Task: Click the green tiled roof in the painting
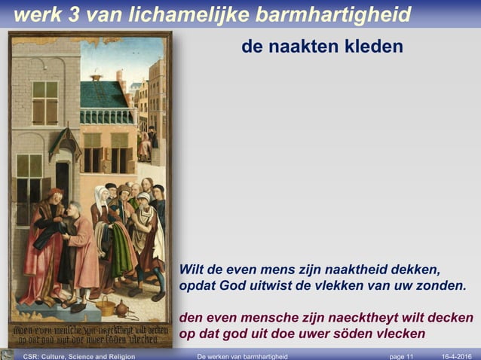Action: click(103, 94)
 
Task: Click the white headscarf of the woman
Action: click(100, 198)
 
